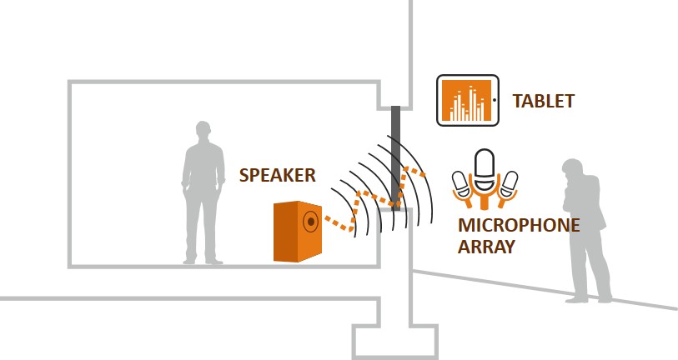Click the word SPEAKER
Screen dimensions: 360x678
pos(277,175)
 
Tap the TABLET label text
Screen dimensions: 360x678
pos(543,102)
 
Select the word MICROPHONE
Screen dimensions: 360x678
pos(519,226)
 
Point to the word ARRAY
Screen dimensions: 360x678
pos(486,247)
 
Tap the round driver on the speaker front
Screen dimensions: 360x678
pos(310,222)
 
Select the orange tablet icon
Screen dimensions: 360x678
pos(467,100)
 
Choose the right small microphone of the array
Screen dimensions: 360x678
pos(508,182)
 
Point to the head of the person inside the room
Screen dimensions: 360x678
pos(203,131)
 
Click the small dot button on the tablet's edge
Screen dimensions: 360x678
pos(494,100)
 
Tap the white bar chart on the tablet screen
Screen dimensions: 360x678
pos(466,103)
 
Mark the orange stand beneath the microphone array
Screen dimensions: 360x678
pos(485,199)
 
